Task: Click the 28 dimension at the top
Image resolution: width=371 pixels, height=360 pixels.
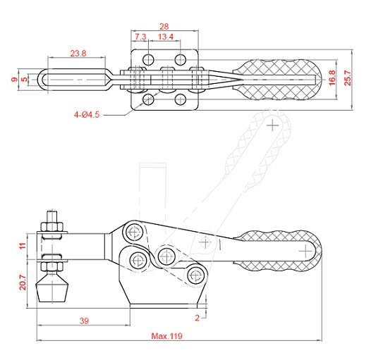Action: [x=164, y=27]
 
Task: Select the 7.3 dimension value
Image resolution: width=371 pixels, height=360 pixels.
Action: [x=140, y=37]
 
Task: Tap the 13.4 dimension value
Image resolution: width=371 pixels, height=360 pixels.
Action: [x=166, y=37]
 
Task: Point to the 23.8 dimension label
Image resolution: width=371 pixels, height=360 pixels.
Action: [x=78, y=53]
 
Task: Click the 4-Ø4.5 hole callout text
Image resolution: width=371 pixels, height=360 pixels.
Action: [x=87, y=115]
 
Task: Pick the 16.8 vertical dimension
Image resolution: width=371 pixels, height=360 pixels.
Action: [x=332, y=77]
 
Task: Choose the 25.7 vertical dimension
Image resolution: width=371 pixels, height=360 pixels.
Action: [x=348, y=77]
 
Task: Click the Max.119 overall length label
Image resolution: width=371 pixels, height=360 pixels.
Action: [x=167, y=335]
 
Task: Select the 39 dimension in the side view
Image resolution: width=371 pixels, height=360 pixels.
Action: [x=84, y=321]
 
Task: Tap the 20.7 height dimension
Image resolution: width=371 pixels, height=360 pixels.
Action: [x=23, y=283]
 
